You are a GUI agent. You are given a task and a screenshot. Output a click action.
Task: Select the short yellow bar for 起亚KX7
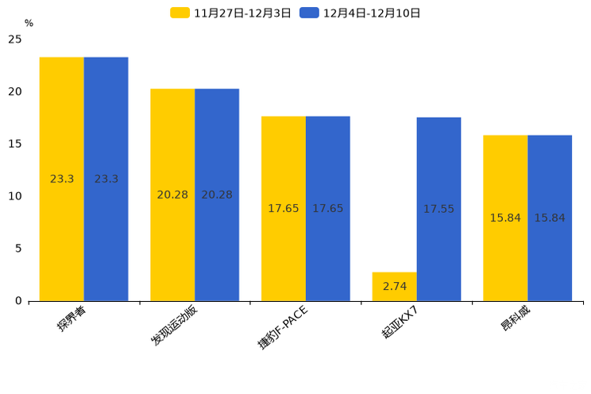coord(394,287)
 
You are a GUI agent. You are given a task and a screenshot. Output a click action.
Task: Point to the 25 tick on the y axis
coord(15,39)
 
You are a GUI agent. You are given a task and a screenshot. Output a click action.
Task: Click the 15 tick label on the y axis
coord(15,144)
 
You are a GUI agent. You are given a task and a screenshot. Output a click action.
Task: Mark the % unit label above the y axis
coord(29,23)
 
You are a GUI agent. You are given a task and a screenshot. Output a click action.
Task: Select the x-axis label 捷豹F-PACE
coord(283,326)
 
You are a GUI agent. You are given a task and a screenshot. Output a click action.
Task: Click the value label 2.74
coord(394,286)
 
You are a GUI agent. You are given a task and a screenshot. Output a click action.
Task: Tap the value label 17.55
coord(438,209)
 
